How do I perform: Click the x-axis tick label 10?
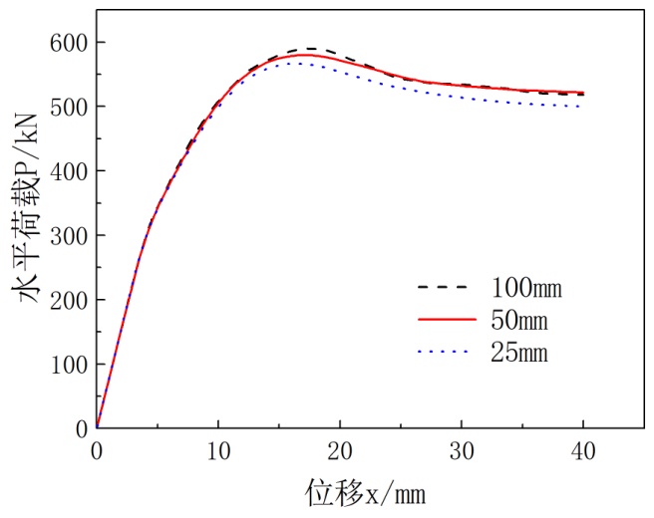pyautogui.click(x=218, y=449)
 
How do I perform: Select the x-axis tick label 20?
pyautogui.click(x=340, y=449)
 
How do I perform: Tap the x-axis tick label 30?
pyautogui.click(x=462, y=449)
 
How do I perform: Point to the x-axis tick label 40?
pyautogui.click(x=583, y=449)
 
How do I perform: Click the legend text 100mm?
pyautogui.click(x=527, y=290)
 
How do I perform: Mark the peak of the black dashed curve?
pyautogui.click(x=310, y=49)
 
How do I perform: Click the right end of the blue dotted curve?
pyautogui.click(x=582, y=107)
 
